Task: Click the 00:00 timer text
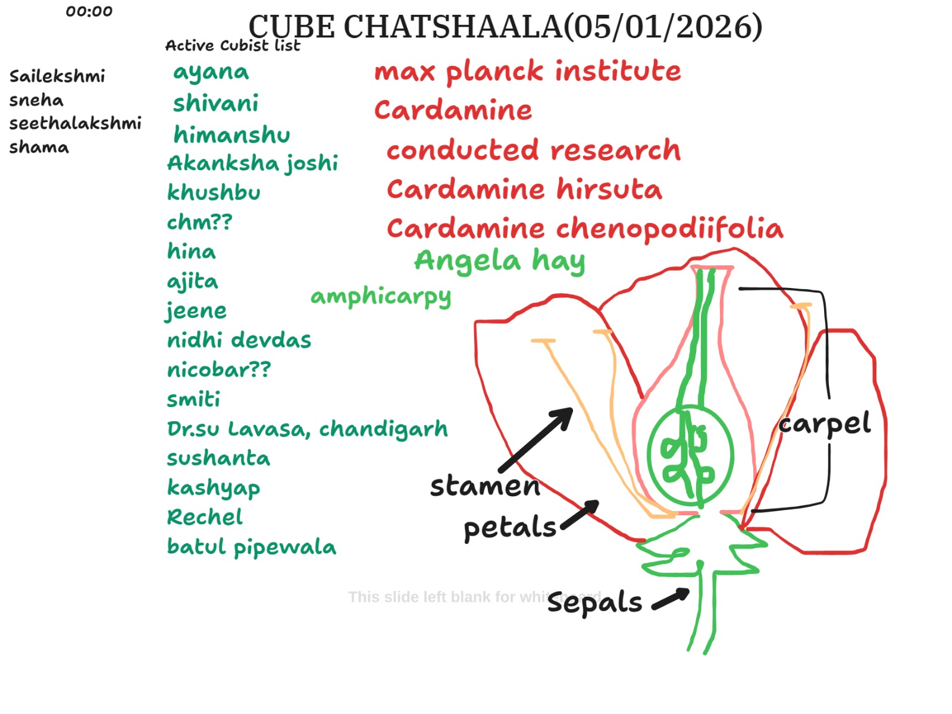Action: click(x=89, y=11)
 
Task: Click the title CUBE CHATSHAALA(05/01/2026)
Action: click(x=505, y=27)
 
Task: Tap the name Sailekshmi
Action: click(x=57, y=76)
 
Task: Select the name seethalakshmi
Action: click(x=75, y=123)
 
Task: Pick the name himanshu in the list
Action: click(x=231, y=134)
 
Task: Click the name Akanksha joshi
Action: click(x=252, y=163)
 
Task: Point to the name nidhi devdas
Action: click(x=239, y=340)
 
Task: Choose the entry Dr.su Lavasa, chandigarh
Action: click(x=307, y=429)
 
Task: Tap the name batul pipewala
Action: click(x=251, y=547)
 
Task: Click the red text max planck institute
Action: click(x=527, y=71)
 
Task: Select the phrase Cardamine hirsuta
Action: click(x=524, y=189)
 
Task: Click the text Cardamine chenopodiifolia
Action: click(x=584, y=228)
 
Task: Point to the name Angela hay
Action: click(x=499, y=261)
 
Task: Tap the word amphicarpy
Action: click(x=381, y=296)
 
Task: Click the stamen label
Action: click(x=485, y=486)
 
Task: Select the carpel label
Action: click(x=824, y=424)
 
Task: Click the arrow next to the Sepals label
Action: click(x=671, y=599)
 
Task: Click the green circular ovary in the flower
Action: click(x=690, y=456)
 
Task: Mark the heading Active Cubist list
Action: click(x=233, y=46)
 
